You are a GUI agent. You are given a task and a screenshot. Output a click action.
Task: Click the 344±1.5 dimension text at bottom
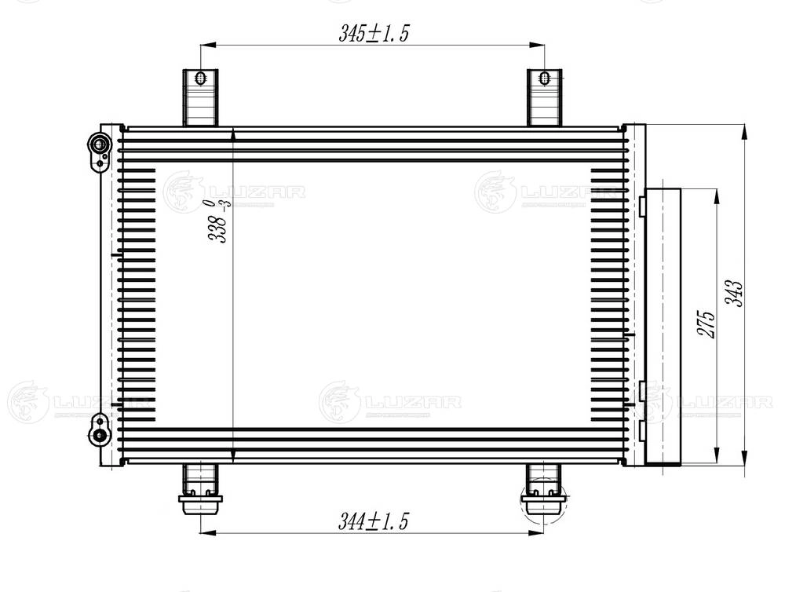coord(374,521)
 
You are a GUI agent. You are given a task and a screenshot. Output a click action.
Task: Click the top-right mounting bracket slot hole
coord(545,79)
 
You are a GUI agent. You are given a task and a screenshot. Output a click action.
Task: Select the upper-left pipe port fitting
coord(99,145)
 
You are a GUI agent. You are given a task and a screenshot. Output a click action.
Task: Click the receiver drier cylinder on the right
coord(661,325)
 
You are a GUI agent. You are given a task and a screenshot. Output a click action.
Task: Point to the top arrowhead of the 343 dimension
coord(744,130)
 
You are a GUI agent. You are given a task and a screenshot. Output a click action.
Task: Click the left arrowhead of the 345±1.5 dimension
coord(206,46)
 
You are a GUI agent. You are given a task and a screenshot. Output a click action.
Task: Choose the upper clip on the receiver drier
coord(642,206)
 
